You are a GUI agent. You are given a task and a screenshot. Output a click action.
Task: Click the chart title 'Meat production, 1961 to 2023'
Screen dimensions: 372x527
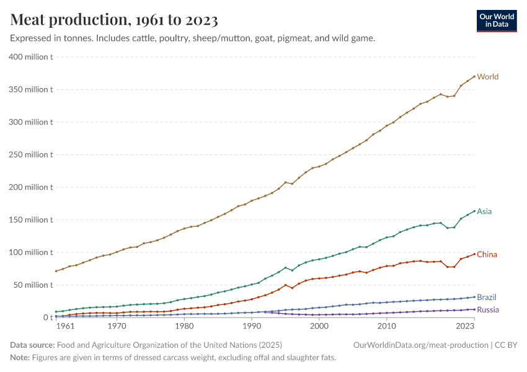pos(114,20)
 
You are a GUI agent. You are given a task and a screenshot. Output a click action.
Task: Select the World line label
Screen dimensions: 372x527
pos(488,77)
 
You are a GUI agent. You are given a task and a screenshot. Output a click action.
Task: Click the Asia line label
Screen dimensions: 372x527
pos(484,211)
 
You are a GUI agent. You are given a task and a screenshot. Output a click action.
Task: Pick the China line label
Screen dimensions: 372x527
pos(487,254)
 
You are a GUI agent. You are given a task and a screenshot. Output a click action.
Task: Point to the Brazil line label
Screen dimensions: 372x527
pos(487,297)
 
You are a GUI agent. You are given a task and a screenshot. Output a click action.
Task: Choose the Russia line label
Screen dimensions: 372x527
pos(487,309)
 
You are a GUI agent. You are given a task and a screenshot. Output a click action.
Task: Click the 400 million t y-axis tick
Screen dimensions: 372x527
pos(30,57)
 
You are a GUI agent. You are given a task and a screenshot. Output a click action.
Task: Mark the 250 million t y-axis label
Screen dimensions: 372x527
pos(30,154)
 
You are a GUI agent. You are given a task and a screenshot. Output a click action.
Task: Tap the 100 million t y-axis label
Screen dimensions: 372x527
pos(30,252)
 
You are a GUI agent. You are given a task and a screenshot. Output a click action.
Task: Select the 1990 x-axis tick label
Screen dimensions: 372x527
pos(252,325)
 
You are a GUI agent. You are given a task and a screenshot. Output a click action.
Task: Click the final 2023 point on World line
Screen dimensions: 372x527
pos(474,76)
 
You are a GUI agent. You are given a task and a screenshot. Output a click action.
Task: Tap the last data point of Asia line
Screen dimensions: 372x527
pos(474,211)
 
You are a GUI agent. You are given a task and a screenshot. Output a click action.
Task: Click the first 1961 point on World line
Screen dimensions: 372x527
pos(56,271)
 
